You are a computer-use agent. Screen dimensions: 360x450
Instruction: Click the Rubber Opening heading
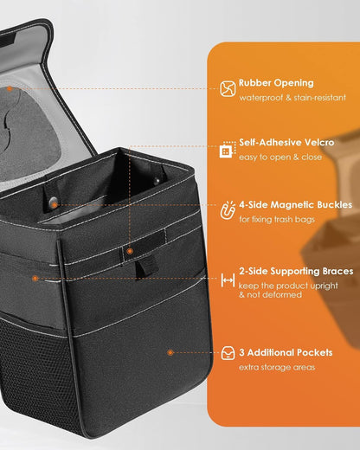coord(276,83)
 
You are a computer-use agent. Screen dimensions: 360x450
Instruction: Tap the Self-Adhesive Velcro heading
coord(286,142)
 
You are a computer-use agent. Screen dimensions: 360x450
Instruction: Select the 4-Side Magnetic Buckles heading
coord(296,204)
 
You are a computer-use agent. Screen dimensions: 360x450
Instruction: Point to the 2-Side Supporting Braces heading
coord(296,271)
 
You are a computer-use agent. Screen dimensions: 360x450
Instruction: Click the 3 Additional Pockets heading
coord(286,352)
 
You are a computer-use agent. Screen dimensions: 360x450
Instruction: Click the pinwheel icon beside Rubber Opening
coord(228,88)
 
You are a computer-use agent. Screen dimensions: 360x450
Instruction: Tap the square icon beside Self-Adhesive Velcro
coord(228,150)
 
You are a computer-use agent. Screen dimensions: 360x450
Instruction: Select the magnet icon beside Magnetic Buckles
coord(228,210)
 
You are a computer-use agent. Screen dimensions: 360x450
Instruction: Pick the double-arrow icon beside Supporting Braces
coord(228,280)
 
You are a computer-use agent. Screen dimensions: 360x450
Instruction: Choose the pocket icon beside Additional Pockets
coord(228,353)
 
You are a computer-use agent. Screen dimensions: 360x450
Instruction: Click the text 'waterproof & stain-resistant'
coord(292,98)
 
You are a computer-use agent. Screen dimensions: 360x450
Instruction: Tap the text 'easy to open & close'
coord(280,157)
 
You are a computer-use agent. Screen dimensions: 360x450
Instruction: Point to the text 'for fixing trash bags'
coord(277,220)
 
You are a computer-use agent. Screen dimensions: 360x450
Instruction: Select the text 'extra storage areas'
coord(277,367)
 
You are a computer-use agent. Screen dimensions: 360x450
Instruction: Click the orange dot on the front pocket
coord(170,352)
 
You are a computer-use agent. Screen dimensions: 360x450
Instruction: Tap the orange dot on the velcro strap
coord(130,251)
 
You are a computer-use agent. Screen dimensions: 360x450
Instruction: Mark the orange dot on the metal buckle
coord(55,205)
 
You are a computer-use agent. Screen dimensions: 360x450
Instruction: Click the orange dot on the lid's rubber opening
coord(10,89)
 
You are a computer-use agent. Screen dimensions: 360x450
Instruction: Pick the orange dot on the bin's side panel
coord(35,279)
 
